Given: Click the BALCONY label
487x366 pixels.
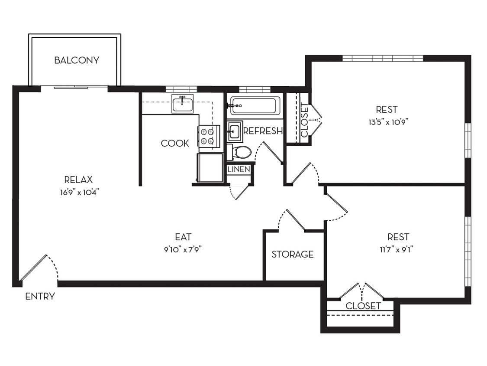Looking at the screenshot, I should click(77, 60).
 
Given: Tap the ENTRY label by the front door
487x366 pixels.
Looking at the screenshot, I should click(40, 297).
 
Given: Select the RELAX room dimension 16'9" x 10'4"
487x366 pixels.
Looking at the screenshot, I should click(78, 192).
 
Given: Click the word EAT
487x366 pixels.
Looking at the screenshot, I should click(183, 237).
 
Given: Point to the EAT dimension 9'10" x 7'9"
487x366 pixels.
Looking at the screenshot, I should click(183, 249).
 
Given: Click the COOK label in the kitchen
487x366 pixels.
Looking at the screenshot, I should click(175, 143).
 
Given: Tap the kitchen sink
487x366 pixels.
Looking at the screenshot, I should click(182, 104).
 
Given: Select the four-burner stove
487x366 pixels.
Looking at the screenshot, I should click(206, 136).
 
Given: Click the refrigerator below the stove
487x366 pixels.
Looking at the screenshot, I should click(210, 167).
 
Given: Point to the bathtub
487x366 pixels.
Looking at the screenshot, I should click(255, 105).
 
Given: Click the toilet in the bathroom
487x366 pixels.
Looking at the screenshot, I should click(240, 152).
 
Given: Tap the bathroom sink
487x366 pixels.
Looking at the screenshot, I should click(234, 131).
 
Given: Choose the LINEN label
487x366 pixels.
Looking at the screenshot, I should click(239, 169).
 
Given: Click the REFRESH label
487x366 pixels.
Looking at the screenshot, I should click(263, 131).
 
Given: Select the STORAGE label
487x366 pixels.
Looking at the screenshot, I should click(292, 254).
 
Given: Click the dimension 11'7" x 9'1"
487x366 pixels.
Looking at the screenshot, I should click(398, 249).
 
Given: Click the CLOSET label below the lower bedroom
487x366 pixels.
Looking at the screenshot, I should click(363, 306).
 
